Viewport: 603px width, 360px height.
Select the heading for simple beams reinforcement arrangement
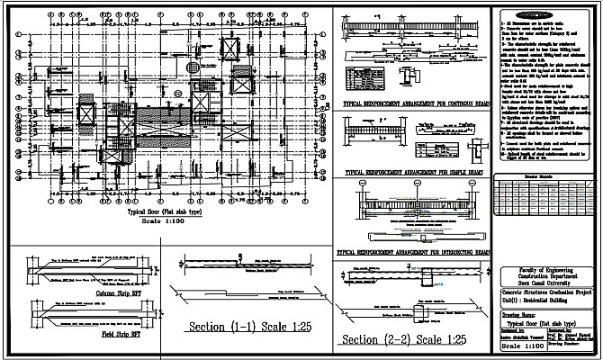point(415,167)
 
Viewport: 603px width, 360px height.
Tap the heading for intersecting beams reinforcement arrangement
point(415,254)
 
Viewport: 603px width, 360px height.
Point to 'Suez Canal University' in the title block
point(547,286)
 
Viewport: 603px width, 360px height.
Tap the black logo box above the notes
point(546,16)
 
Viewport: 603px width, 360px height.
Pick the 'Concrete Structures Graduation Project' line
point(547,294)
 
